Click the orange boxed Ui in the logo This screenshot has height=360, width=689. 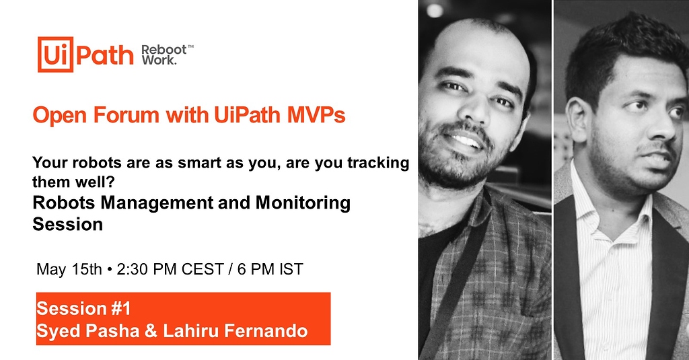[x=55, y=55]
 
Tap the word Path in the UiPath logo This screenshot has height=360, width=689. [x=105, y=55]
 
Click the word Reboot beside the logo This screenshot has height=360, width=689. [x=164, y=50]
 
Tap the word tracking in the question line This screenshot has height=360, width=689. [x=378, y=163]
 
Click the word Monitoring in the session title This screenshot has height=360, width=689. [x=303, y=203]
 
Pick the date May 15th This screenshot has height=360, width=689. [x=69, y=269]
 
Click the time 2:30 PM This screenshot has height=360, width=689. [x=147, y=269]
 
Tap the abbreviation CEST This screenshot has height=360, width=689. [x=203, y=269]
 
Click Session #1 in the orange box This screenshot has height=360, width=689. [x=83, y=309]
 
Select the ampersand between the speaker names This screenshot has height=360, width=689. [x=151, y=331]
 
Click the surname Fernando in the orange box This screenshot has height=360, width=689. [x=266, y=331]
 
